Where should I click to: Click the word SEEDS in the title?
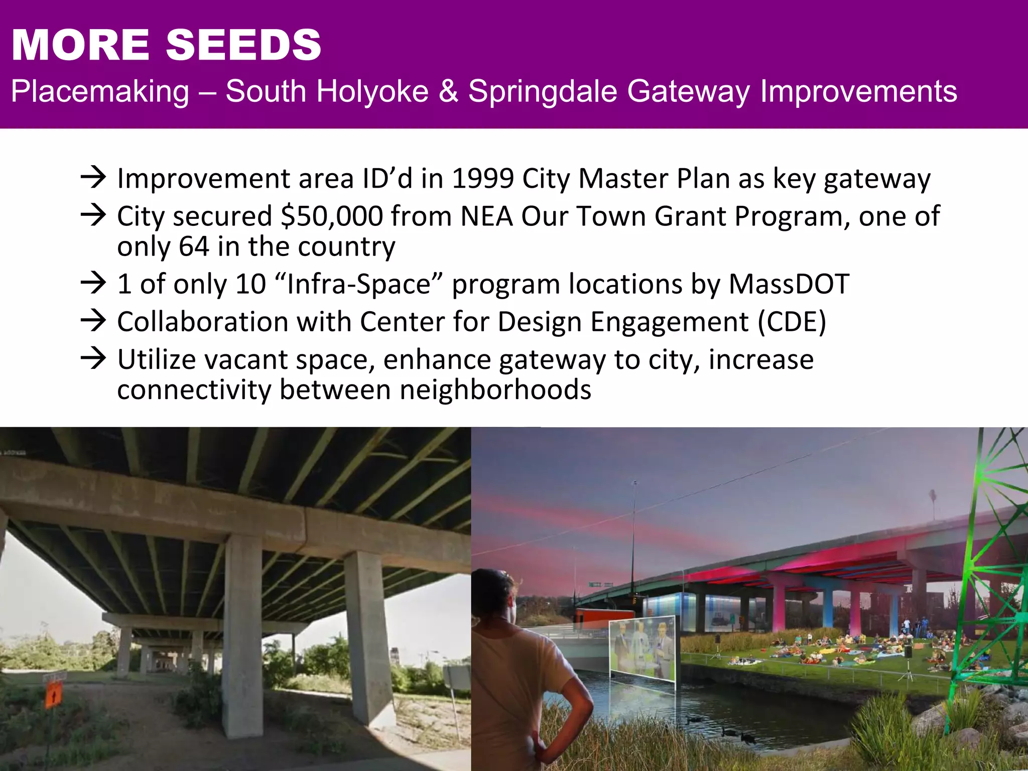pos(243,45)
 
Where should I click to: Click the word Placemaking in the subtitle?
pos(100,91)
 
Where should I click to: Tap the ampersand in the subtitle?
pos(448,91)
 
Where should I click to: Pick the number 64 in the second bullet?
pos(194,246)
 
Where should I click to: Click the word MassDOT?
pos(789,284)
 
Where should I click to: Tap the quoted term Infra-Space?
pos(359,284)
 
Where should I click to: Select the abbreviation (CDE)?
pos(792,322)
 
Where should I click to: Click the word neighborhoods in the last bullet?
pos(495,390)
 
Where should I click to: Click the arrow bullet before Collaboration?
pos(93,321)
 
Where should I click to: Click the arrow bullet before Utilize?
pos(93,358)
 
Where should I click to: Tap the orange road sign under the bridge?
pos(54,695)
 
